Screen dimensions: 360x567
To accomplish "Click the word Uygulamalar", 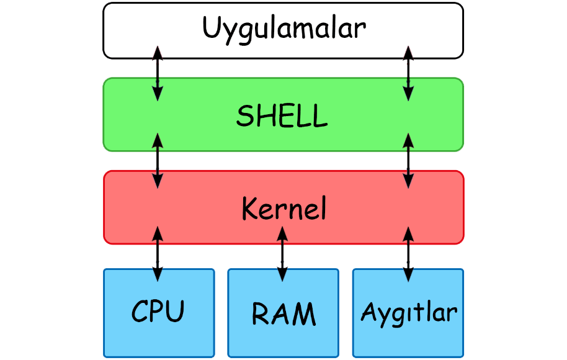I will [x=284, y=29].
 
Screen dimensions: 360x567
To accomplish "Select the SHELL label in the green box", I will [x=282, y=115].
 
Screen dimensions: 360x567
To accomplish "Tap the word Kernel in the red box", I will [x=283, y=209].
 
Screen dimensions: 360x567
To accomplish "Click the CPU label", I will [x=158, y=311].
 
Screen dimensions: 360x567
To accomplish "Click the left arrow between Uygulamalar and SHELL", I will [x=158, y=73].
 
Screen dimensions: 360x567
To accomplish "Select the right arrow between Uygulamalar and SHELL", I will [x=408, y=73].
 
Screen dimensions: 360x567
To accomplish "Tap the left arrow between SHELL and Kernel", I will [x=158, y=161].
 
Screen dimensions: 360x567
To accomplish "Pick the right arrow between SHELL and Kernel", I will [x=408, y=161].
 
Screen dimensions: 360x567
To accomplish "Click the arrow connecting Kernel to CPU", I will [x=158, y=254].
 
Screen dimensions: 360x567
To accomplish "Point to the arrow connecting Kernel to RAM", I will [x=283, y=254].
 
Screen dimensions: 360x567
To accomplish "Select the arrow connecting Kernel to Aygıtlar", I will [x=408, y=254].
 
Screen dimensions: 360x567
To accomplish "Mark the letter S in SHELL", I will [x=245, y=115].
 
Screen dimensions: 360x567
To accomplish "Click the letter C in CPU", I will [x=140, y=311].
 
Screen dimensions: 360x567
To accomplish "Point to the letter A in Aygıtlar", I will [x=368, y=310].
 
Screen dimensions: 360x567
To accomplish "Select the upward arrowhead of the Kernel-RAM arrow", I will [x=283, y=233].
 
